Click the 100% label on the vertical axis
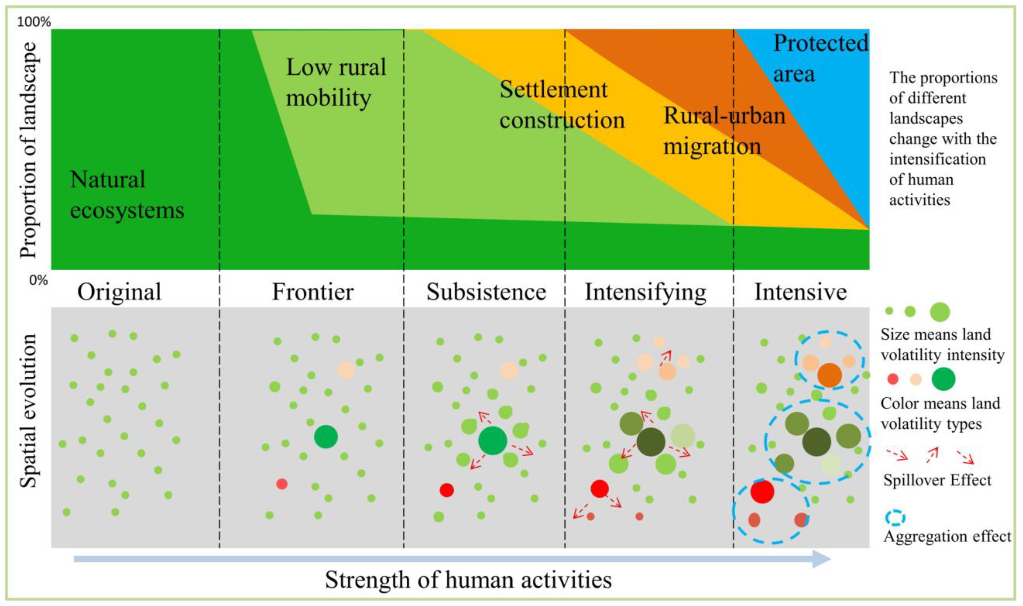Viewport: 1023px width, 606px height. tap(34, 22)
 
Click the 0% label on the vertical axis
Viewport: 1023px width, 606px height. tap(38, 281)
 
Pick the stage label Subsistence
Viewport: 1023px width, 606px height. tap(486, 292)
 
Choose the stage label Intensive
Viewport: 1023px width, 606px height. tap(800, 292)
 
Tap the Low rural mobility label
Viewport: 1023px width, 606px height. tap(336, 82)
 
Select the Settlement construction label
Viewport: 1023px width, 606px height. tap(562, 105)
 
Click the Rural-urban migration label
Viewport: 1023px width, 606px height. tap(724, 131)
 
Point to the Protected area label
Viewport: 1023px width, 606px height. tap(820, 58)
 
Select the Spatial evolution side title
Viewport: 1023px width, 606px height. tap(29, 410)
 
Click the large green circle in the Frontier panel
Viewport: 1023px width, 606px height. tap(326, 437)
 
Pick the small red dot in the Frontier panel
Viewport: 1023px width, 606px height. tap(282, 484)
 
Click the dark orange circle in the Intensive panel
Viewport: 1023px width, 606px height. tap(829, 375)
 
